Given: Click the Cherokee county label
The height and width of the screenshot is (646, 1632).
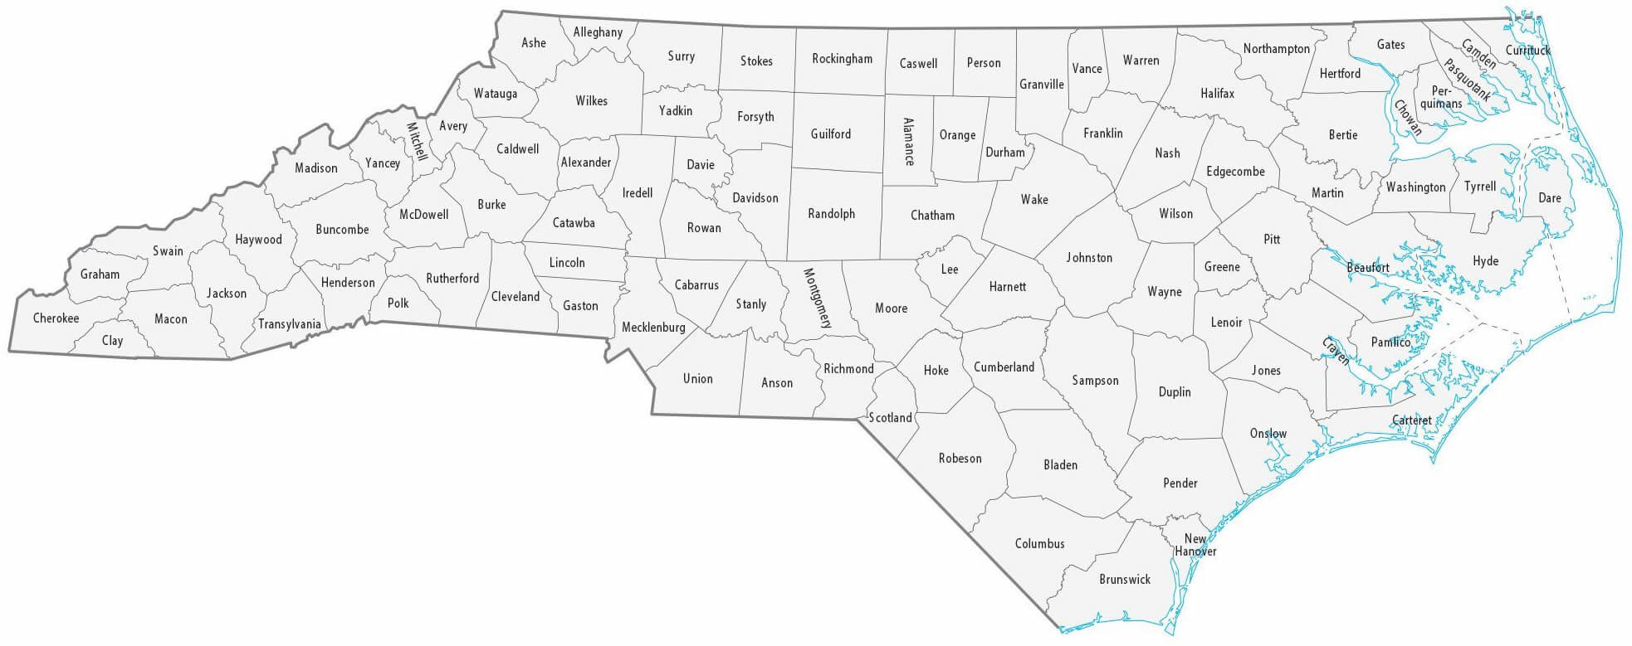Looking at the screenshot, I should point(56,318).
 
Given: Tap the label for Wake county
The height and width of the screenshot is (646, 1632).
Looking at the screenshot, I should point(1034,200).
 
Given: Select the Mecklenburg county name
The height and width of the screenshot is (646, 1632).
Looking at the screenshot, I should point(653,328).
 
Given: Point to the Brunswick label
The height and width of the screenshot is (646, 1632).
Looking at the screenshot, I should point(1125,580).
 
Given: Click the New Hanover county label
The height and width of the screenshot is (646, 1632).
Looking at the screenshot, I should point(1195,546).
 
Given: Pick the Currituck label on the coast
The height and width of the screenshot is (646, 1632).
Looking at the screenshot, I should point(1527,51).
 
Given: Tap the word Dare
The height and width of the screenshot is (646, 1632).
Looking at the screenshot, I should point(1550,198).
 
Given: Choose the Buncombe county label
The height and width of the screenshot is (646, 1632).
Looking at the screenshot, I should point(342,230).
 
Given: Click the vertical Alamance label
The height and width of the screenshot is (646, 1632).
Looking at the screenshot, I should point(908,142).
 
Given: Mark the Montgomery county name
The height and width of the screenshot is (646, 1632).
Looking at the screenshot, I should point(817,299).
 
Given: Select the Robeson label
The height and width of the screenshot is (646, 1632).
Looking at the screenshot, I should point(960,459).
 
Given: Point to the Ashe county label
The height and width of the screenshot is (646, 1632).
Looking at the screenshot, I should point(534,43).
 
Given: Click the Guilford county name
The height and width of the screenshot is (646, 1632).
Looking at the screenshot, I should point(831,134).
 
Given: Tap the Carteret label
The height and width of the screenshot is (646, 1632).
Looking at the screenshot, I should point(1411,420).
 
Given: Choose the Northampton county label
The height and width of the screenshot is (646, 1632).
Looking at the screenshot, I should point(1276,49).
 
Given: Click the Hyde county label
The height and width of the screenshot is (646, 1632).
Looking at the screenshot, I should point(1485,261).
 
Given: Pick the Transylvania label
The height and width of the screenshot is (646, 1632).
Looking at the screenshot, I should point(289,324).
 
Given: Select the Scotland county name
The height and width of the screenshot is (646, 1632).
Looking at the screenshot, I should point(890,418).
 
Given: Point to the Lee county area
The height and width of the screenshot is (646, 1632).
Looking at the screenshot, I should point(950,270).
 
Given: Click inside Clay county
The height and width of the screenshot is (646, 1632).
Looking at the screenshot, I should point(112,341).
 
